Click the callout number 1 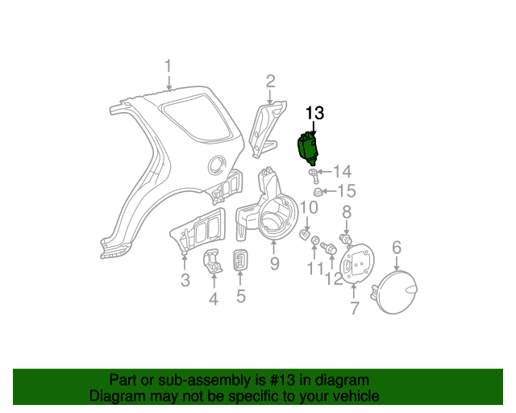pyautogui.click(x=169, y=66)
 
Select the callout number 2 pyautogui.click(x=270, y=81)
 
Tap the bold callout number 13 pyautogui.click(x=314, y=113)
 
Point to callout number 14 pyautogui.click(x=343, y=171)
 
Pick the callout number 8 pyautogui.click(x=347, y=212)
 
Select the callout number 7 pyautogui.click(x=354, y=307)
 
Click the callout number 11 pyautogui.click(x=314, y=269)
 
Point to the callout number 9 pyautogui.click(x=274, y=263)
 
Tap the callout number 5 pyautogui.click(x=240, y=296)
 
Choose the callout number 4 pyautogui.click(x=214, y=299)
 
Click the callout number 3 pyautogui.click(x=185, y=280)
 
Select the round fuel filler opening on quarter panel pyautogui.click(x=215, y=165)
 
